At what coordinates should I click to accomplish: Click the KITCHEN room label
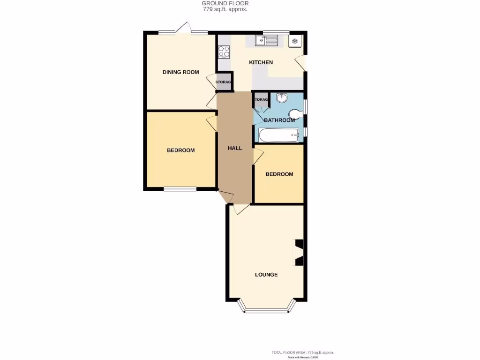(x=261, y=62)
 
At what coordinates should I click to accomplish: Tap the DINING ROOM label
(x=180, y=72)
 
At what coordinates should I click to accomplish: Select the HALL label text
(x=235, y=148)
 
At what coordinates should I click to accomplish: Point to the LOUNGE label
(x=266, y=275)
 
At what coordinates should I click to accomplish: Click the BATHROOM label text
(x=279, y=120)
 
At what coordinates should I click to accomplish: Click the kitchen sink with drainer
(x=267, y=41)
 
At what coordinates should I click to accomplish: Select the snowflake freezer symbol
(x=295, y=41)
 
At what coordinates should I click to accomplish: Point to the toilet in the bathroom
(x=295, y=114)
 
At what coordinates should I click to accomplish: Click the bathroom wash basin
(x=282, y=98)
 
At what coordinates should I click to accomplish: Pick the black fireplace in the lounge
(x=298, y=252)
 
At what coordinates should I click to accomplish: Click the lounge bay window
(x=266, y=310)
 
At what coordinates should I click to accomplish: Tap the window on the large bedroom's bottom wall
(x=180, y=189)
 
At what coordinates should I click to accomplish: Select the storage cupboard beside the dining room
(x=224, y=82)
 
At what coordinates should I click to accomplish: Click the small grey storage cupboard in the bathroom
(x=261, y=100)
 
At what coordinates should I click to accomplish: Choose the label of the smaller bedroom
(x=279, y=174)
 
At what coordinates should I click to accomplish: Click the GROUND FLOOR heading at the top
(x=225, y=3)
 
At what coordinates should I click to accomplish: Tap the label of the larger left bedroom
(x=180, y=150)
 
